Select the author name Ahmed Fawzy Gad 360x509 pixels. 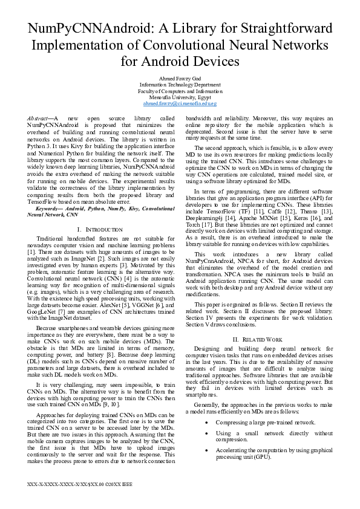[x=180, y=79]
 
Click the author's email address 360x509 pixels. [x=180, y=103]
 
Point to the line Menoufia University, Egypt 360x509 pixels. [x=180, y=97]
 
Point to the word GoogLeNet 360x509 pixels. [x=40, y=311]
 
